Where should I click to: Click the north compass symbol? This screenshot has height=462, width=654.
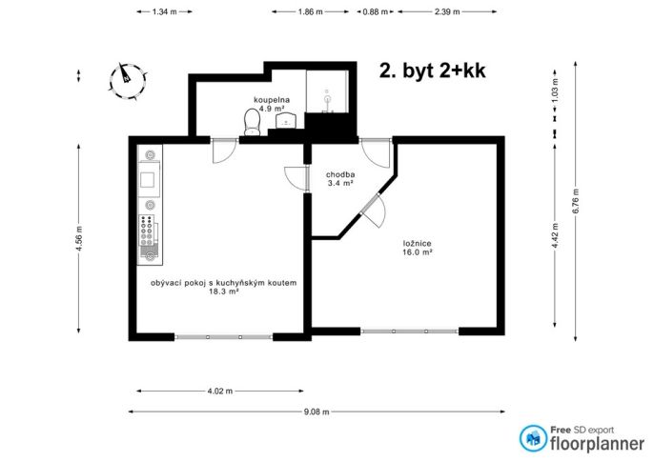tap(128, 82)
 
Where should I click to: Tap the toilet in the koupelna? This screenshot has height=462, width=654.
tap(252, 122)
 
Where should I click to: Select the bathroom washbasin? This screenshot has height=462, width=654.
tap(286, 120)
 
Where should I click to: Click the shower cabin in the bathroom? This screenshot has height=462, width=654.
tap(327, 91)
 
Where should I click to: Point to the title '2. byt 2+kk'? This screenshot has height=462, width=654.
tap(432, 70)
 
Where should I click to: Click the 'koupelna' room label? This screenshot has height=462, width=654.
tap(272, 100)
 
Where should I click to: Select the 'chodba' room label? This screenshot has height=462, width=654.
tap(340, 174)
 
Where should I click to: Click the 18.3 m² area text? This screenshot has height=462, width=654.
tap(223, 291)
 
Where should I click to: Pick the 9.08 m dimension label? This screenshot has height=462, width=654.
tap(317, 412)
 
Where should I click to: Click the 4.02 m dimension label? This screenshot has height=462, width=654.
tap(220, 392)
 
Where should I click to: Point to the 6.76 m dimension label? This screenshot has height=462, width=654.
tap(576, 201)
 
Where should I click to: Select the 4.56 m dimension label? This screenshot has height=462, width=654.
tap(79, 239)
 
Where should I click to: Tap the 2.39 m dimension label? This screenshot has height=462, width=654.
tap(447, 12)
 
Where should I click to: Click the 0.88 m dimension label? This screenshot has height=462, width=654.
tap(375, 12)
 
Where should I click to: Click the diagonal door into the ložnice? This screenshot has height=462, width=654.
tap(373, 211)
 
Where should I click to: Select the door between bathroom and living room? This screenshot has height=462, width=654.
tap(224, 150)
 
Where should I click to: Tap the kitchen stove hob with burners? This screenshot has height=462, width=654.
tap(147, 230)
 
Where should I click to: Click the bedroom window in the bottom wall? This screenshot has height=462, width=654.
tap(410, 331)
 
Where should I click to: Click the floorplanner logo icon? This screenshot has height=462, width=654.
tap(533, 438)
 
